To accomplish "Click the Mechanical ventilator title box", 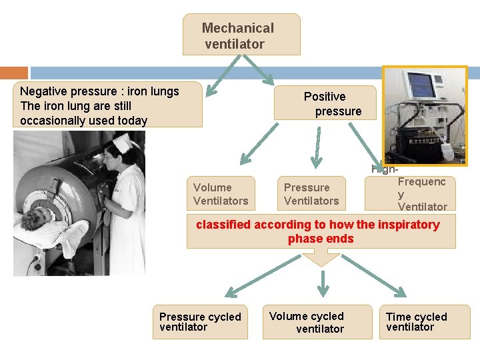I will [241, 35].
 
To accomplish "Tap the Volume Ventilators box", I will [220, 194].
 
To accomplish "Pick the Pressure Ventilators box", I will [311, 194].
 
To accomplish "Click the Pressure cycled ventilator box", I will [200, 322].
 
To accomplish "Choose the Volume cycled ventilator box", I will [317, 322].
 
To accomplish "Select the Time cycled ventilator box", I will [427, 322].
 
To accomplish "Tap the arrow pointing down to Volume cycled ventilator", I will [323, 283].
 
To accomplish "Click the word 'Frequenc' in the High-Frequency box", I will [421, 181].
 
